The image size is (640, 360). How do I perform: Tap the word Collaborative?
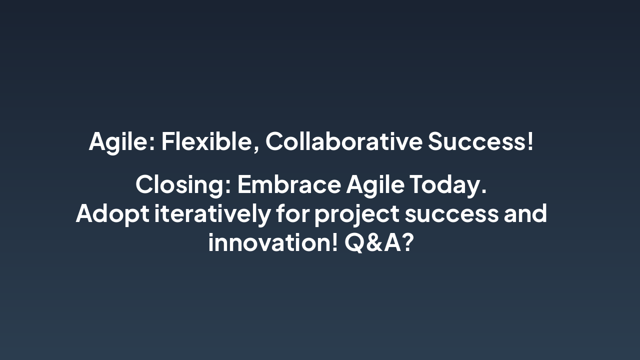343,141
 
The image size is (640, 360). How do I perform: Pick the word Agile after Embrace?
375,184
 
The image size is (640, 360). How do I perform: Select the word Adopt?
112,213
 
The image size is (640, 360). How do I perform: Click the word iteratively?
212,213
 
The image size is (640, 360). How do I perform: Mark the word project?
356,214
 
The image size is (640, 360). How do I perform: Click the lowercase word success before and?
451,214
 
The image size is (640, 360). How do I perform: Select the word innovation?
269,242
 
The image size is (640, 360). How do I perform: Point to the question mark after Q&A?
408,242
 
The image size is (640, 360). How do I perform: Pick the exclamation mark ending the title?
530,141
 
